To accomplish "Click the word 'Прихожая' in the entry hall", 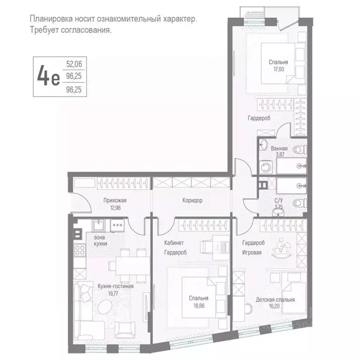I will click(115, 200).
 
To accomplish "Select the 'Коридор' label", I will click(192, 200).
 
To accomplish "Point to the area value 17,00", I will click(278, 68).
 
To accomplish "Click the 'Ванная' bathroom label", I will click(279, 149).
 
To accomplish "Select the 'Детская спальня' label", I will click(275, 300).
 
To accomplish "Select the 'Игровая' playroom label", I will click(252, 252).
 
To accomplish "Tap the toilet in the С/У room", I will click(298, 202).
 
